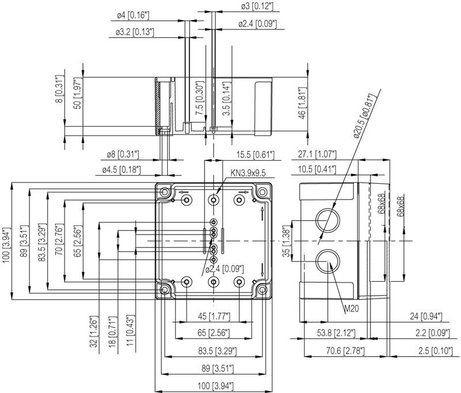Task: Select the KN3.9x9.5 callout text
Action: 248,173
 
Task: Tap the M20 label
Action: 352,309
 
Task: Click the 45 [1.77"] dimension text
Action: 214,316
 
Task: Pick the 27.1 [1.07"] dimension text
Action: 318,154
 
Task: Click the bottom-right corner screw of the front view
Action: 263,289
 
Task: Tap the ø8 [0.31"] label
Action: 123,154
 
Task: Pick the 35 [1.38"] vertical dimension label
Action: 286,243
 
